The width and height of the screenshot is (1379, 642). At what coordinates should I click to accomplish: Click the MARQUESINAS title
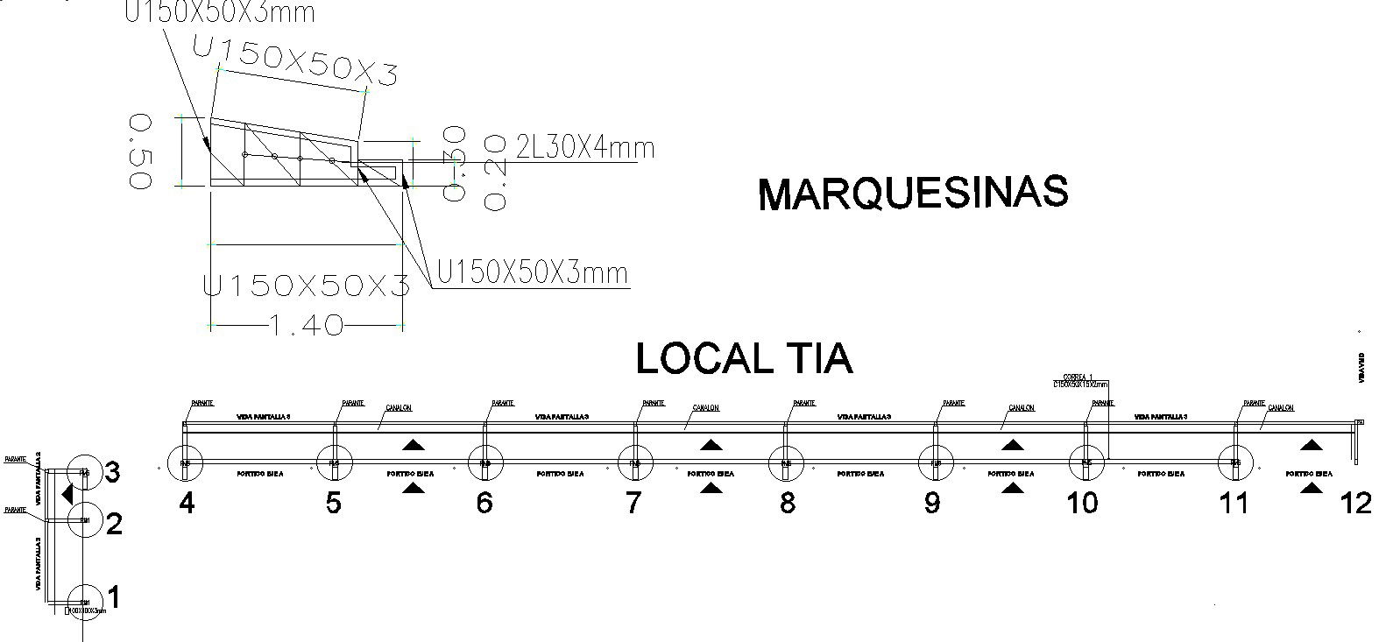coord(913,194)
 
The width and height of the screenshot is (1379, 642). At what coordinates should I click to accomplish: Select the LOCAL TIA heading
coord(744,358)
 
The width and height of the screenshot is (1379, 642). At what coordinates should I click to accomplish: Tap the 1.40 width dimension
coord(306,326)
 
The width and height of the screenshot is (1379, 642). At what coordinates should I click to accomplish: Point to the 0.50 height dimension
coord(140,151)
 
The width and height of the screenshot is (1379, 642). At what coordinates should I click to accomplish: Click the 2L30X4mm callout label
coord(585,146)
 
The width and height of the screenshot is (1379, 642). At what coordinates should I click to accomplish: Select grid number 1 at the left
coord(112,598)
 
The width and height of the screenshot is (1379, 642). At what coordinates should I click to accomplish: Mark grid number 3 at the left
coord(112,473)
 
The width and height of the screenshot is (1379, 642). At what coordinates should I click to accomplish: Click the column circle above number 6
coord(485,462)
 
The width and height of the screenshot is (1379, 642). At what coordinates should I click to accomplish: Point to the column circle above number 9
coord(936,462)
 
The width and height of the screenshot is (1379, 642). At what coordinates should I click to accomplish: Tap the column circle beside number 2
coord(85,522)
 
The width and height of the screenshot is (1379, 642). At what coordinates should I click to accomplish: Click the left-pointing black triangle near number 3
coord(67,494)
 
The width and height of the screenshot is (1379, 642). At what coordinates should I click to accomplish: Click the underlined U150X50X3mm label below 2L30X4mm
coord(532,274)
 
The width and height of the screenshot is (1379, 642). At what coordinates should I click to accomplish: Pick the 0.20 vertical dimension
coord(495,172)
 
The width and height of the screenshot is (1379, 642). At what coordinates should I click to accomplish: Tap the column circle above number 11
coord(1235,462)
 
